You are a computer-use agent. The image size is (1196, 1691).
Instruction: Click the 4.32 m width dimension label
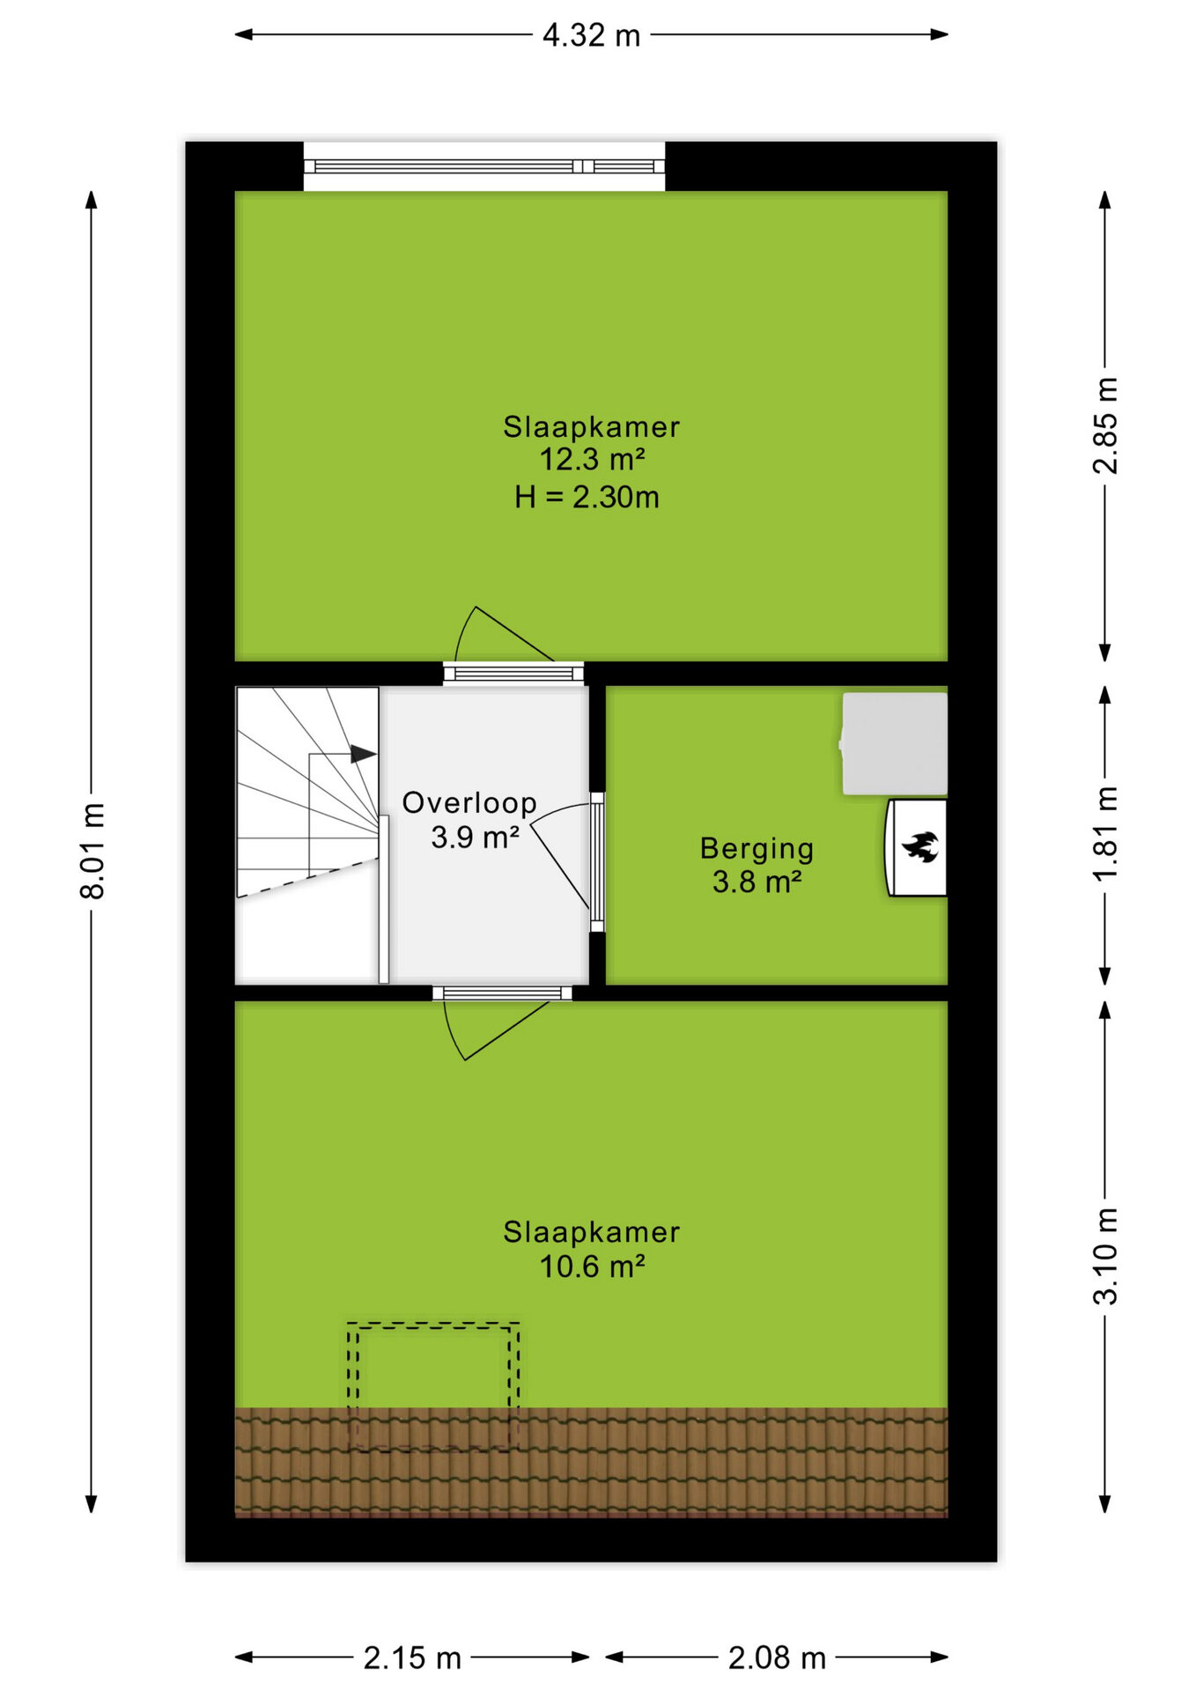click(x=591, y=36)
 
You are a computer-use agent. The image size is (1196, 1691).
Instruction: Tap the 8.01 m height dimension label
click(x=92, y=851)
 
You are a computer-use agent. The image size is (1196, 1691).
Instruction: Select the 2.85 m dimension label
click(x=1105, y=425)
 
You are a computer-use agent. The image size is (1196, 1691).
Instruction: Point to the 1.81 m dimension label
click(x=1105, y=833)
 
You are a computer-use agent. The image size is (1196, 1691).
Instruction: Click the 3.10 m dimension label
click(x=1105, y=1256)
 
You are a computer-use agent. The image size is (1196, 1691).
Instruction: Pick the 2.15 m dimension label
click(x=412, y=1658)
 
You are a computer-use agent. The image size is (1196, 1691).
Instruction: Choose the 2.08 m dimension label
click(x=777, y=1658)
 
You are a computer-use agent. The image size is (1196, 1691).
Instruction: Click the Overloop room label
click(x=469, y=803)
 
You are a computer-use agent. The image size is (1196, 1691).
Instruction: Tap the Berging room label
click(x=757, y=848)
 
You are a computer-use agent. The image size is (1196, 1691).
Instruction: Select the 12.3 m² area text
click(x=592, y=459)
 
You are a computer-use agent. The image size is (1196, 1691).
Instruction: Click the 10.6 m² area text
click(x=592, y=1266)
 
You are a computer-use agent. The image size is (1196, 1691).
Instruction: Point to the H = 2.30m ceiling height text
click(x=587, y=498)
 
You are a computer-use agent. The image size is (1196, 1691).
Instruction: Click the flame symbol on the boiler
click(x=920, y=847)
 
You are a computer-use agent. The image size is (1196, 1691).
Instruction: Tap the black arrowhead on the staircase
click(x=364, y=754)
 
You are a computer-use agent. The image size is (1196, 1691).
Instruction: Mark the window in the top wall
click(x=484, y=166)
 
